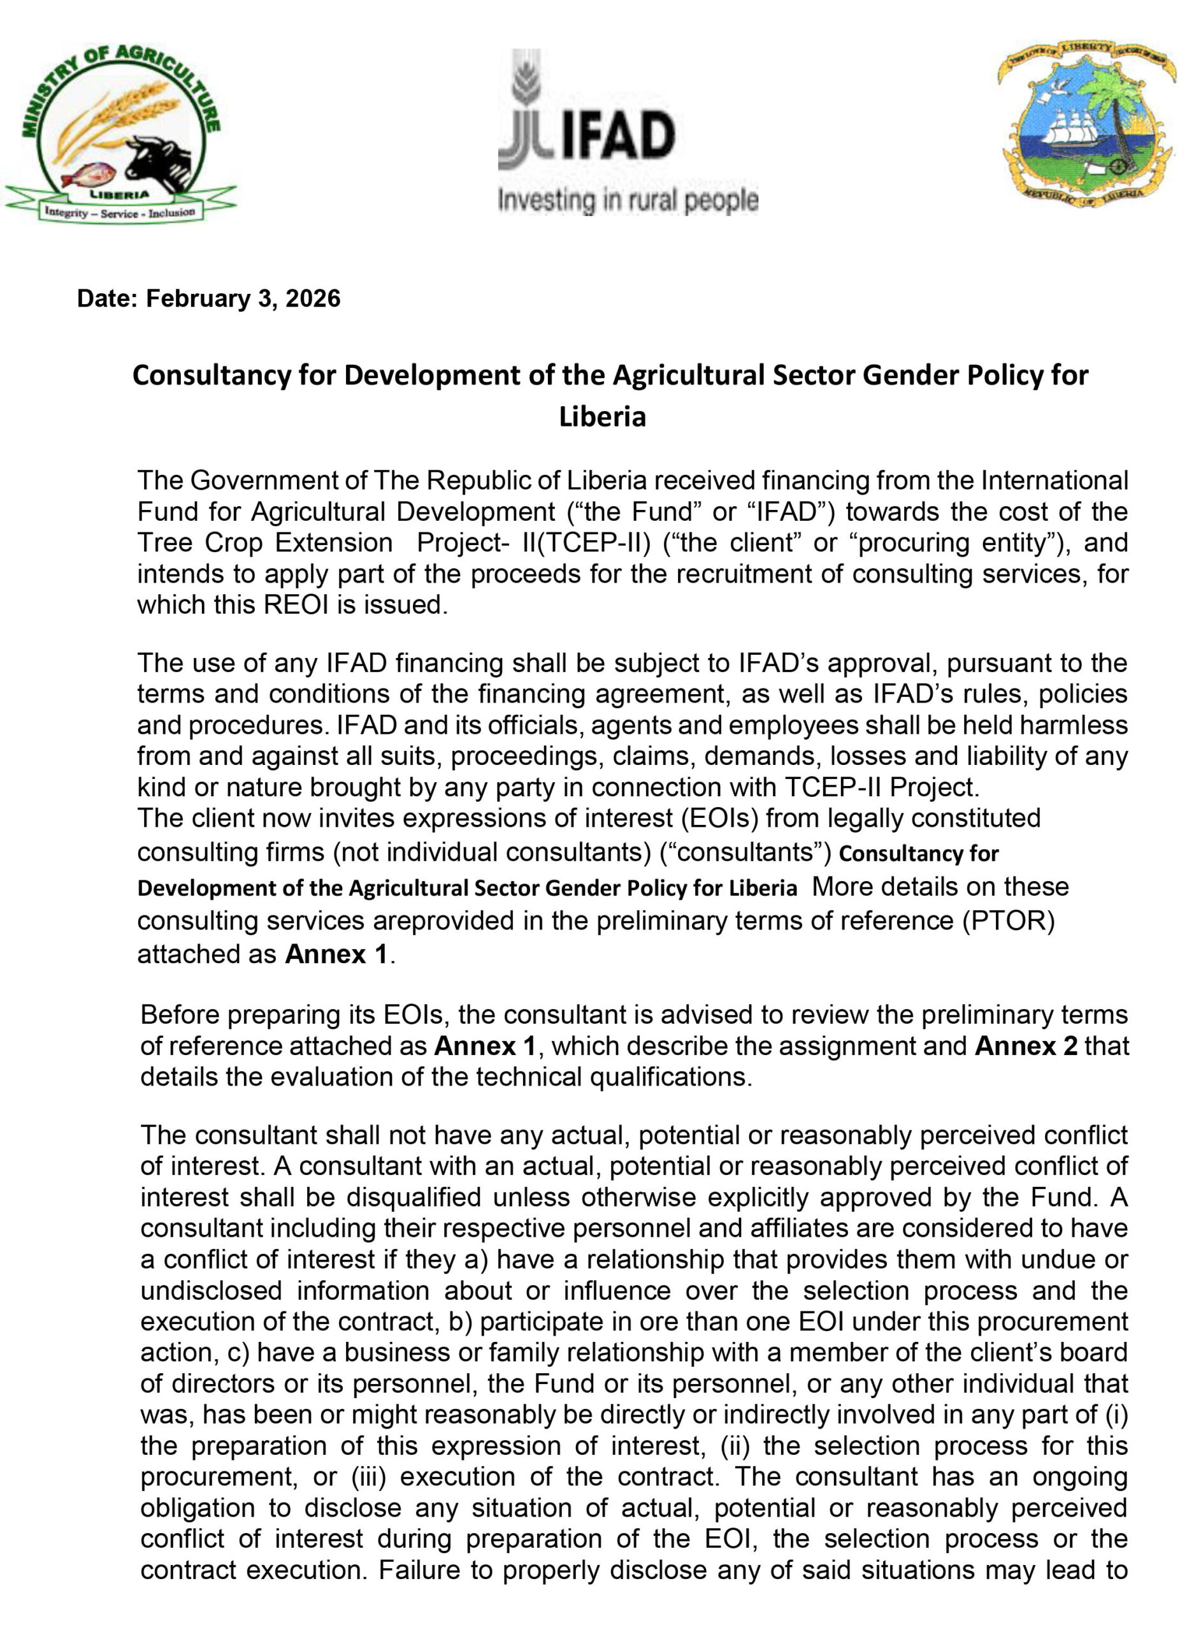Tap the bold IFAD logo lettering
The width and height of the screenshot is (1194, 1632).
pyautogui.click(x=619, y=138)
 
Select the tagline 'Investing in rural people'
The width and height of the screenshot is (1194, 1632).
pyautogui.click(x=628, y=201)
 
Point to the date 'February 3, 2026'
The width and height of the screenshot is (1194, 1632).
pyautogui.click(x=243, y=298)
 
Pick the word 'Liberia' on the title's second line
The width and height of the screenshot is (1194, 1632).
pyautogui.click(x=602, y=417)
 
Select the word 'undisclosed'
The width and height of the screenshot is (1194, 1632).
pyautogui.click(x=211, y=1291)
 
